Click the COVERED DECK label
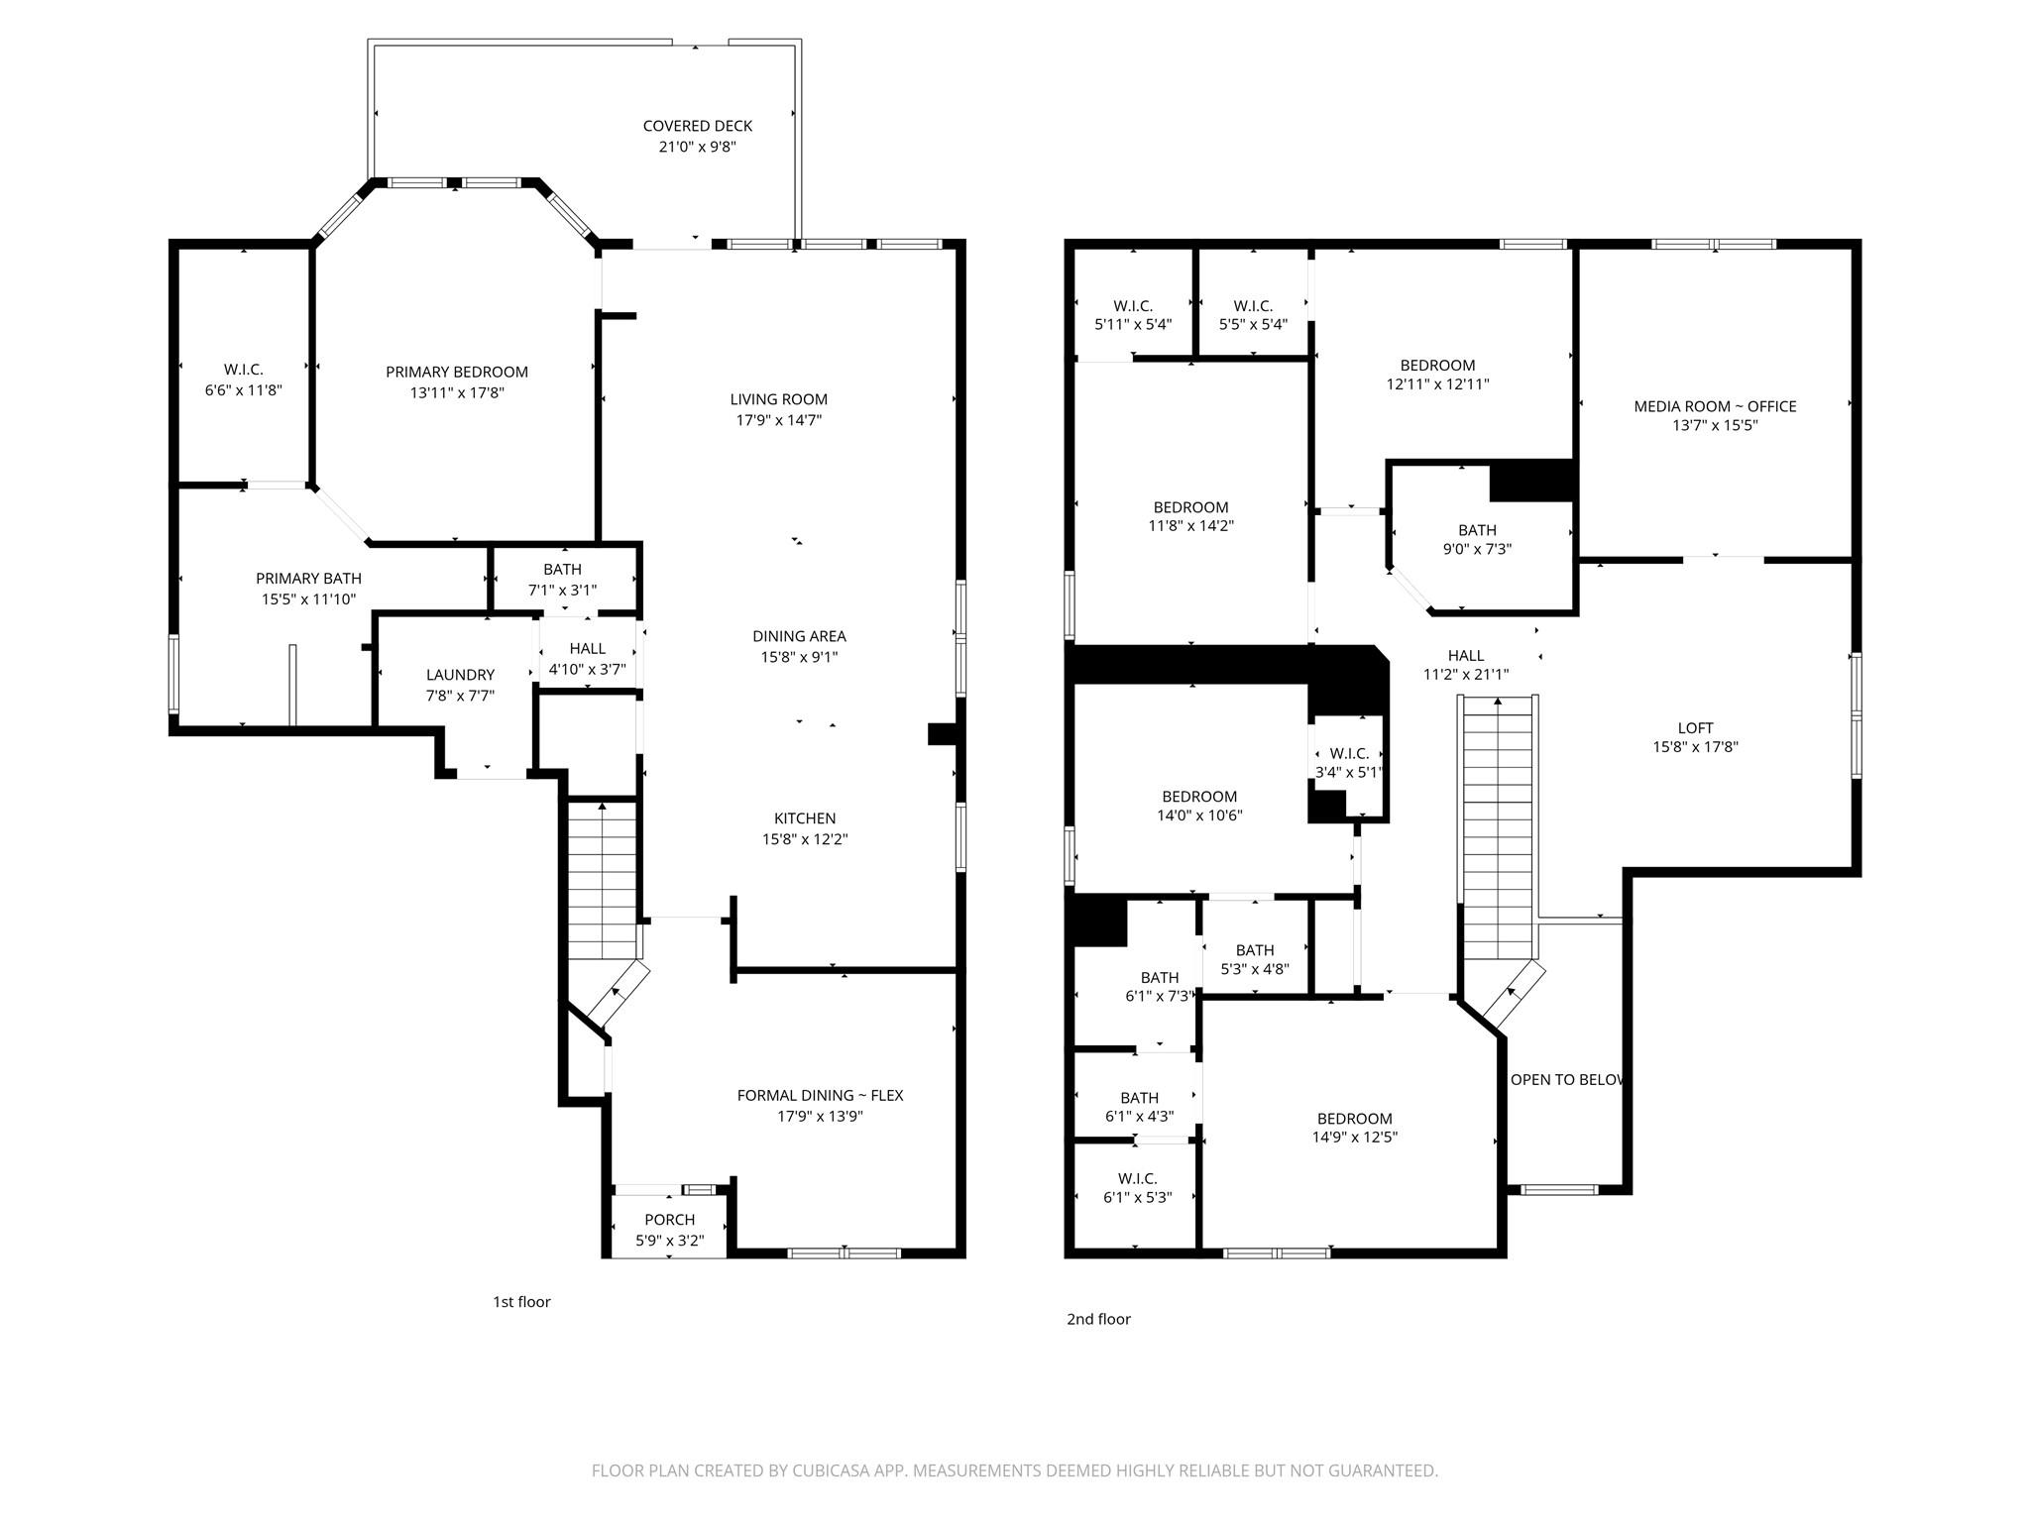(x=697, y=126)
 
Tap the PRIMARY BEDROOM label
(x=456, y=372)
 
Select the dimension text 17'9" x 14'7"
(x=778, y=419)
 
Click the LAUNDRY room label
(x=460, y=675)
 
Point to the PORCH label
(x=669, y=1220)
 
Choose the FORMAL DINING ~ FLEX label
(x=820, y=1095)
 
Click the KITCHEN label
(x=804, y=818)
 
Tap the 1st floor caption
(x=521, y=1302)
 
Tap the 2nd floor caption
(x=1098, y=1319)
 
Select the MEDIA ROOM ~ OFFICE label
(x=1715, y=406)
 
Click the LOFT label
(x=1695, y=728)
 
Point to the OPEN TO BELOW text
(x=1566, y=1080)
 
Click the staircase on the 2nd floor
(x=1497, y=832)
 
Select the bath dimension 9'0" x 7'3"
(x=1477, y=549)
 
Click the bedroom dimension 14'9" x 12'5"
(x=1354, y=1138)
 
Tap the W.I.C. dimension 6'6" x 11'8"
(x=244, y=390)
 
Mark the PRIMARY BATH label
(x=308, y=579)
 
